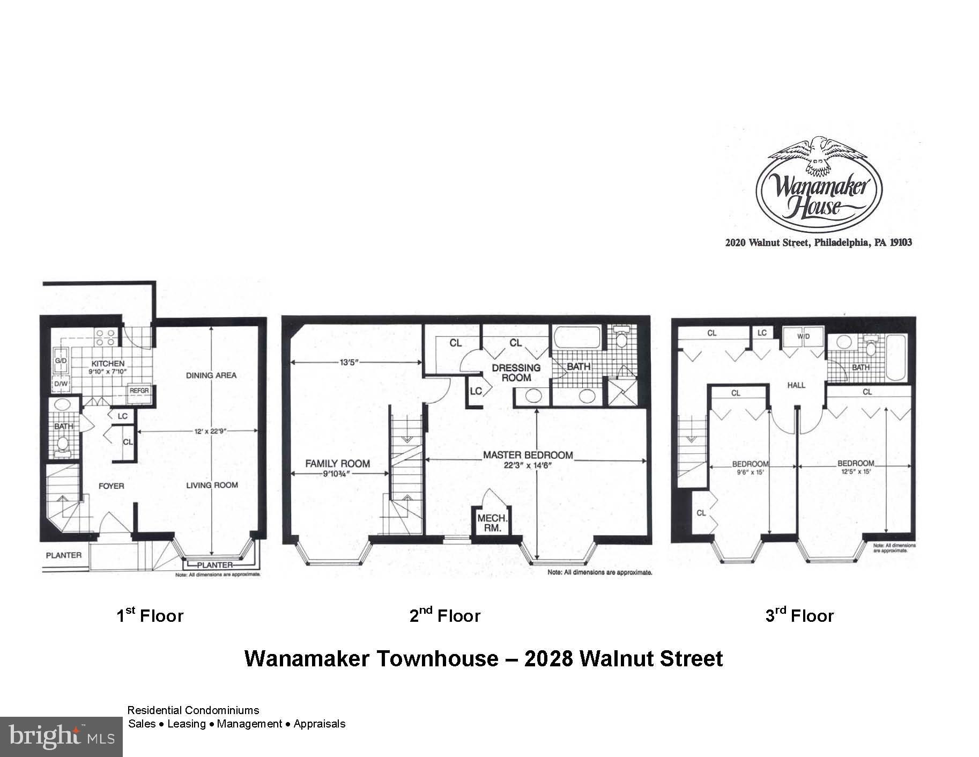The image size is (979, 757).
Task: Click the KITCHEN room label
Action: coord(108,364)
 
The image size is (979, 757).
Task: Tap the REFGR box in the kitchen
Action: coord(139,391)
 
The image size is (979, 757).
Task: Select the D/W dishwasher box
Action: coord(60,384)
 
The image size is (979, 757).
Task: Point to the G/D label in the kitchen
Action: coord(60,361)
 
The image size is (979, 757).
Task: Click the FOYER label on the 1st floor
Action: coord(111,486)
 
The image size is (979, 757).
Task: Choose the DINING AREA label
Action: coord(211,375)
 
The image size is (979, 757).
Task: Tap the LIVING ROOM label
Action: coord(212,486)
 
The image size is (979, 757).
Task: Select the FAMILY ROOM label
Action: coord(337,464)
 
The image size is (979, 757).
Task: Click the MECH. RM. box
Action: coord(492,522)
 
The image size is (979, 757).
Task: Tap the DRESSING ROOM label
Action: coord(516,372)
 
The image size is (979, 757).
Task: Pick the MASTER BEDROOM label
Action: coord(528,455)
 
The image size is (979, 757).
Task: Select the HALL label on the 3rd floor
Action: coord(796,385)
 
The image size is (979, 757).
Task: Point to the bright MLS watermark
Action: coord(61,737)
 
